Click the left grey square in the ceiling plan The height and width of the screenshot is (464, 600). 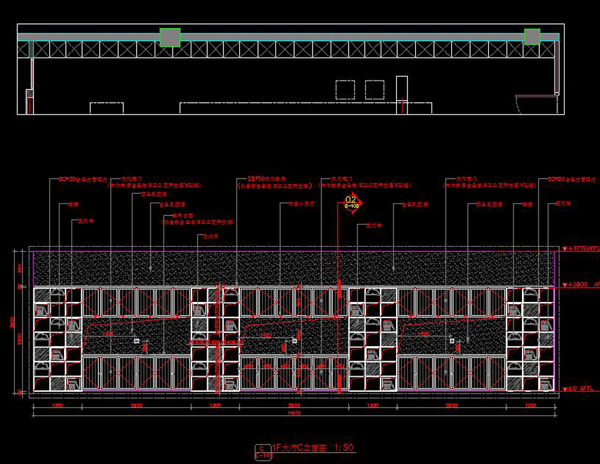[x=170, y=37]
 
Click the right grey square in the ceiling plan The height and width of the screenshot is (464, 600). [x=531, y=36]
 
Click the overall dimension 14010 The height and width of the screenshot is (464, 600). [x=293, y=413]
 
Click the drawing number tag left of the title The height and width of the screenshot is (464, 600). [x=263, y=451]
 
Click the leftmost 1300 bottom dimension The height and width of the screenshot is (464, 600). [x=58, y=405]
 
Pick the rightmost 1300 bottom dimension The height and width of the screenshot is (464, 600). [x=531, y=405]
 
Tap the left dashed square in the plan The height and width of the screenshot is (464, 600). [x=345, y=89]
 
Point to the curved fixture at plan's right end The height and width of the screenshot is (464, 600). [x=537, y=105]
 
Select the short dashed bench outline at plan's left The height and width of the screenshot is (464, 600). [x=107, y=107]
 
